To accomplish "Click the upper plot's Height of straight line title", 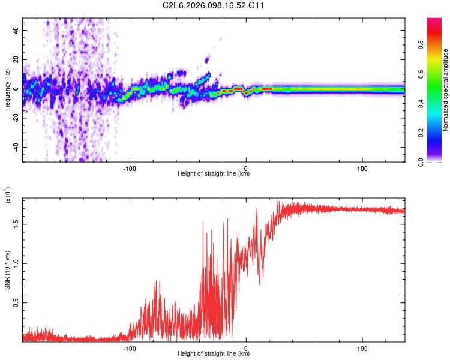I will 214,174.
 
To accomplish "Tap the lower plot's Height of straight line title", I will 214,353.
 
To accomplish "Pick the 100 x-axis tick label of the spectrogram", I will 362,168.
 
